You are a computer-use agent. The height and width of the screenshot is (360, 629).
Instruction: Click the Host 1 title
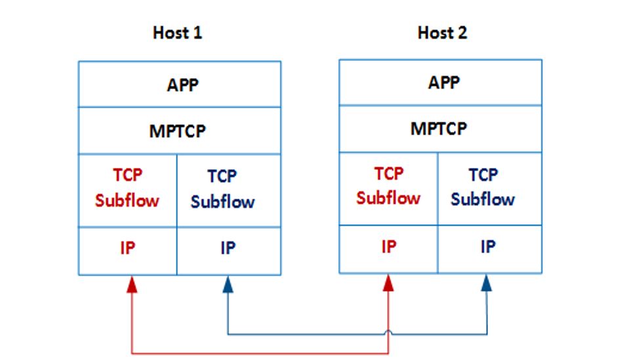177,33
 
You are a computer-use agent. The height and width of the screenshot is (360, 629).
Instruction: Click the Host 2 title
442,33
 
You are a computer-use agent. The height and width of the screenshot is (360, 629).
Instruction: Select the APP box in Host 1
180,85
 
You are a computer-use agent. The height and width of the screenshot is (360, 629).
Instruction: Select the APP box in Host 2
441,83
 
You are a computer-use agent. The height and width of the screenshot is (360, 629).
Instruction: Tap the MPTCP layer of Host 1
180,130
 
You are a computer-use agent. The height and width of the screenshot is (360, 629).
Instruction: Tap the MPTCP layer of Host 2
441,129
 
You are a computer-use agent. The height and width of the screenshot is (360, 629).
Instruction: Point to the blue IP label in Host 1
228,248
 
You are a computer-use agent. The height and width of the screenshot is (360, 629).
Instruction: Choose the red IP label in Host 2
388,247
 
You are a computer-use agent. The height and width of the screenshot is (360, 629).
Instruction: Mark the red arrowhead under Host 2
388,282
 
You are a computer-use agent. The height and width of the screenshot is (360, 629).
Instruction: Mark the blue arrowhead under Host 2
486,282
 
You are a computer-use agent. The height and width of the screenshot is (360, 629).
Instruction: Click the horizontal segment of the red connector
262,353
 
